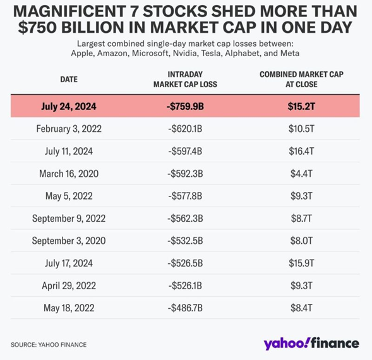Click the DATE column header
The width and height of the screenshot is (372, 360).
68,80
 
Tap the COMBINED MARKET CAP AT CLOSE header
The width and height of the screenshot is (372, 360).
301,79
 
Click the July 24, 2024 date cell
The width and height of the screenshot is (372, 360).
68,105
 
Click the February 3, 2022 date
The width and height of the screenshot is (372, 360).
68,128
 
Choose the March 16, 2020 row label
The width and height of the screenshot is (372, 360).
68,174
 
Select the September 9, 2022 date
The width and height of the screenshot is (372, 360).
68,219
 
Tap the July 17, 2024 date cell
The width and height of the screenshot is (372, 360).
68,263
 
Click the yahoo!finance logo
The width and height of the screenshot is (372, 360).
311,344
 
